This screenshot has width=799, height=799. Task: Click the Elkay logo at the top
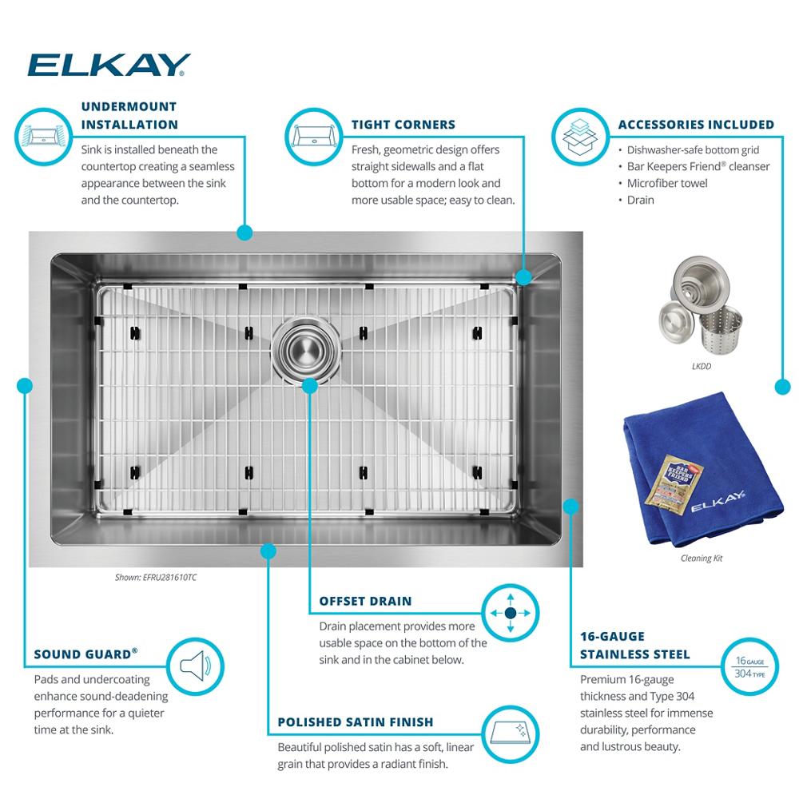click(x=108, y=65)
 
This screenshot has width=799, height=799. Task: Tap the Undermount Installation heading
click(x=129, y=116)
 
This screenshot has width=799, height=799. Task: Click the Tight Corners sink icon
click(x=313, y=137)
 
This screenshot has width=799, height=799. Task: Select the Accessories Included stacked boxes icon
click(x=580, y=137)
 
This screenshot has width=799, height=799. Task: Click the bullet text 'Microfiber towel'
click(x=667, y=184)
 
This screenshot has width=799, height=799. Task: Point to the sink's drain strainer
click(x=306, y=350)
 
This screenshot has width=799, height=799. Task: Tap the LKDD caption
click(x=702, y=367)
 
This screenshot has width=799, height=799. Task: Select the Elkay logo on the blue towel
click(x=718, y=502)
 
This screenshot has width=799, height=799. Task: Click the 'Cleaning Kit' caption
click(x=702, y=559)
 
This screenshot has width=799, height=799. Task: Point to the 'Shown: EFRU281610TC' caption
click(x=156, y=578)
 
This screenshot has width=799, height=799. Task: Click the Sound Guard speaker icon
click(x=195, y=666)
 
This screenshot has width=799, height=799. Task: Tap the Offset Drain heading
click(x=365, y=602)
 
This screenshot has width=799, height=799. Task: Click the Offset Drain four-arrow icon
click(x=511, y=613)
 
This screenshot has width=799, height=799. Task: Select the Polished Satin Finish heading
click(x=356, y=722)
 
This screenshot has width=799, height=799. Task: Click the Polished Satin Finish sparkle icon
click(x=511, y=734)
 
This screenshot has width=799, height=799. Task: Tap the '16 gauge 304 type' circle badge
click(x=750, y=666)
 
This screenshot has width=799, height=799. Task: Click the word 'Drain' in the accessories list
click(x=641, y=201)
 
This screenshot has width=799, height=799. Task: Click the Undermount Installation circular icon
click(x=44, y=137)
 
